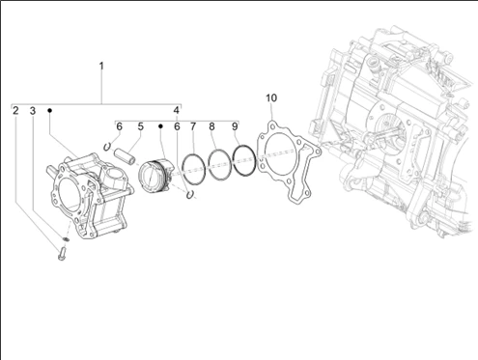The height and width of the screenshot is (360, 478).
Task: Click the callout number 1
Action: click(x=101, y=66)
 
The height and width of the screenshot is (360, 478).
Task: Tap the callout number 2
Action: click(x=15, y=111)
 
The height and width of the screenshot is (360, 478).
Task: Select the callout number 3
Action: click(x=33, y=111)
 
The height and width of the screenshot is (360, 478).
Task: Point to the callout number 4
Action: click(x=176, y=110)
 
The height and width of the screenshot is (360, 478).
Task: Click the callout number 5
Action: click(x=141, y=126)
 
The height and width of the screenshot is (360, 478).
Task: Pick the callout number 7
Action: click(x=193, y=126)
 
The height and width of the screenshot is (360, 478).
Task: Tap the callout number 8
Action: click(x=211, y=126)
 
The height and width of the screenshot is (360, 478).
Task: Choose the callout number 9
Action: click(x=235, y=126)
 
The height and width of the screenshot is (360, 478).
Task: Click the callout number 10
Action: click(x=271, y=97)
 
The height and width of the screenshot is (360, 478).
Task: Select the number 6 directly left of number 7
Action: click(x=177, y=126)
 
